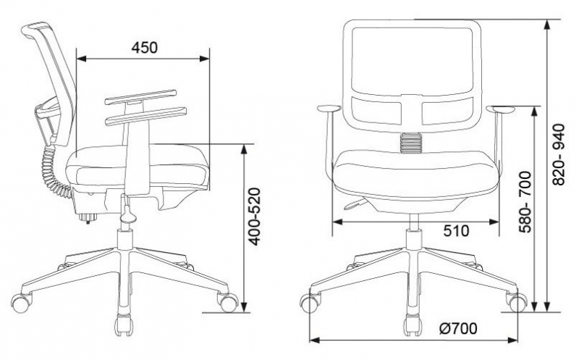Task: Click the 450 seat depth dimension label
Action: pos(144,47)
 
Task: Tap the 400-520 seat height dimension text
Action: pos(255,217)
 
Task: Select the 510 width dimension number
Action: pos(457,231)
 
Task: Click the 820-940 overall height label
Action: pos(559,154)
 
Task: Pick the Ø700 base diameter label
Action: pos(459,328)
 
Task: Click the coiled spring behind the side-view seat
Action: pos(54,171)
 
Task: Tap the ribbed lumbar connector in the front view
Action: pos(411,143)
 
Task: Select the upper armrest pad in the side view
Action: pos(140,96)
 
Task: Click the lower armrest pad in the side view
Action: pos(145,116)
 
